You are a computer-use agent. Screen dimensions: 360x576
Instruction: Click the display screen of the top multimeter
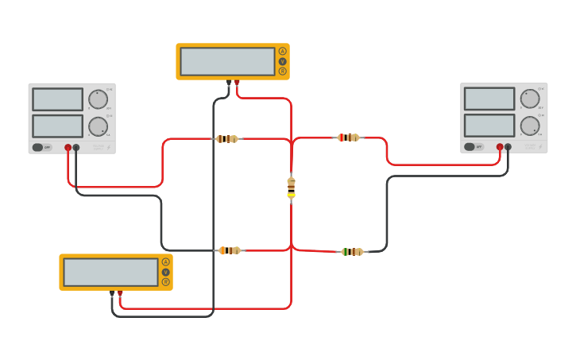tap(227, 61)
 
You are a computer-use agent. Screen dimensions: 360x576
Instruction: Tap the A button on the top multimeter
tap(282, 51)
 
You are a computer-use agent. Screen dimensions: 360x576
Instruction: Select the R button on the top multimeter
tap(282, 72)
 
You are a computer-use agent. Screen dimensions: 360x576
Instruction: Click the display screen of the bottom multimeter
tap(110, 272)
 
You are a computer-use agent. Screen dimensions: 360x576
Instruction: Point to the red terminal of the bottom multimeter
tap(120, 293)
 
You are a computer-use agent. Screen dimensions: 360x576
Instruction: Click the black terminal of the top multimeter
tap(229, 82)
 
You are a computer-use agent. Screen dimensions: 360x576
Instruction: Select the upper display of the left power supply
tap(57, 99)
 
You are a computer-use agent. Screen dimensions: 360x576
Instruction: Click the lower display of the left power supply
tap(57, 126)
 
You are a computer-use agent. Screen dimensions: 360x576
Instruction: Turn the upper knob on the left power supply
tap(98, 99)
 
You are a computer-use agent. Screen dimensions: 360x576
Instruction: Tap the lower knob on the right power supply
tap(530, 126)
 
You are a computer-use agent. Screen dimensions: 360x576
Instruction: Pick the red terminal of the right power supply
tap(500, 147)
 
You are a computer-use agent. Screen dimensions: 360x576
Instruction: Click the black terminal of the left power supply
tap(76, 147)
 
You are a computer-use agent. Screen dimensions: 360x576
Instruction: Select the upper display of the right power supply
tap(489, 99)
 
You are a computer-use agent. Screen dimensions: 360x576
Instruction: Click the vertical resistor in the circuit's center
tap(291, 187)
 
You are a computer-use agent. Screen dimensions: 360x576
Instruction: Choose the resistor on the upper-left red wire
tap(226, 138)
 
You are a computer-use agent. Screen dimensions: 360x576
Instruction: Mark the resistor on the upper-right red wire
tap(348, 137)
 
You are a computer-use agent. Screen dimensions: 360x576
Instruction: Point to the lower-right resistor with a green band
tap(352, 252)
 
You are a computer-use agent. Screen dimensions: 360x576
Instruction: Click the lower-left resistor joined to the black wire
tap(230, 250)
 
